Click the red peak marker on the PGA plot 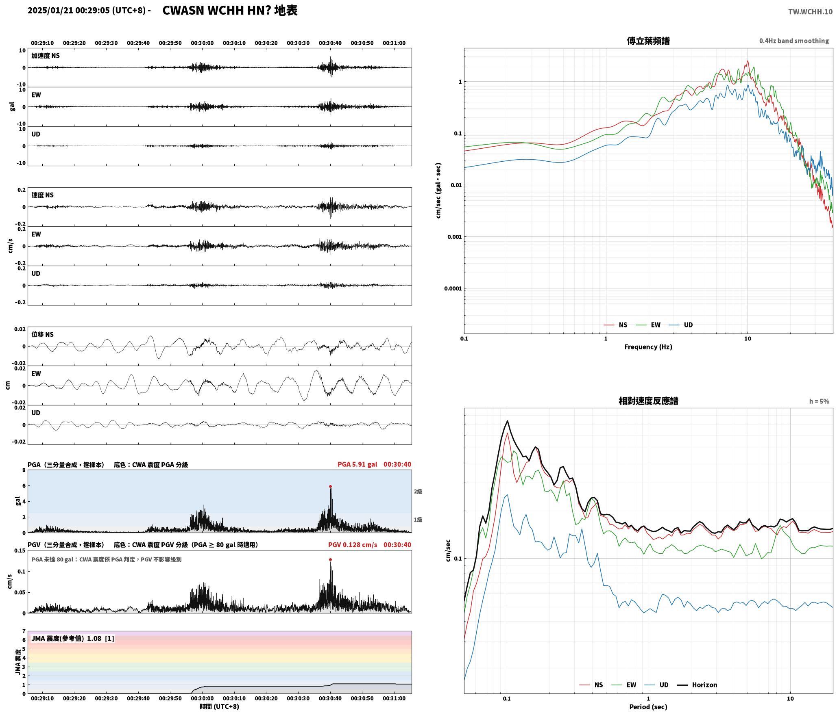(x=330, y=486)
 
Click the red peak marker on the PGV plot (x=330, y=559)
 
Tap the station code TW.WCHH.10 (x=810, y=12)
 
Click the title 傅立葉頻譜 (x=648, y=41)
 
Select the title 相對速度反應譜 (x=648, y=401)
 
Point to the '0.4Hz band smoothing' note (x=794, y=41)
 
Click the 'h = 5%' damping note (x=819, y=401)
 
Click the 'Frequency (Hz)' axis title (x=648, y=347)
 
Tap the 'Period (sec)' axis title (x=648, y=706)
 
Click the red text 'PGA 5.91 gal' (x=357, y=464)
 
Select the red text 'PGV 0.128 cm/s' (x=353, y=544)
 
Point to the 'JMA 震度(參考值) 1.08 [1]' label (x=73, y=638)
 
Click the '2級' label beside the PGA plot (x=418, y=491)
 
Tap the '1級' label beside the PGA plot (x=418, y=520)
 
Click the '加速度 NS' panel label (x=46, y=56)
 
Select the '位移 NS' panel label (x=43, y=334)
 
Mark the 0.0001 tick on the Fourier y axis (x=453, y=288)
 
